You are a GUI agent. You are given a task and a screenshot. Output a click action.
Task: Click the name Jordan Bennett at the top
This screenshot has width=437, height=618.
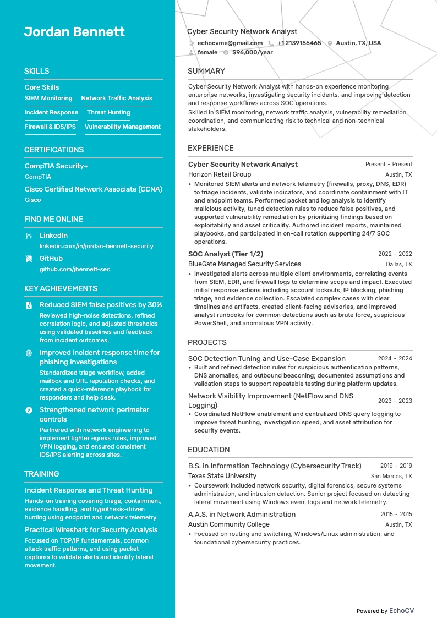74,32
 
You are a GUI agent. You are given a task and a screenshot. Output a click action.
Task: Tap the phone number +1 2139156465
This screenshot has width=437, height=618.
299,43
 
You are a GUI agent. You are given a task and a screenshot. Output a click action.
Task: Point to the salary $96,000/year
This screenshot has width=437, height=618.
252,52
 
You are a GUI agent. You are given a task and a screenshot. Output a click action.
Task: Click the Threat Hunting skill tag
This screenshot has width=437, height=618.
108,112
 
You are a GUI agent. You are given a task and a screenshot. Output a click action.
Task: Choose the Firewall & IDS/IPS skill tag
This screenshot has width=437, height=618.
50,127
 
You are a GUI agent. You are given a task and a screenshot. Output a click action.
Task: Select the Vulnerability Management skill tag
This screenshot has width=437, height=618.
122,127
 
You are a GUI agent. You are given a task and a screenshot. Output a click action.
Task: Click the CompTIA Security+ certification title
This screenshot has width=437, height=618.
56,166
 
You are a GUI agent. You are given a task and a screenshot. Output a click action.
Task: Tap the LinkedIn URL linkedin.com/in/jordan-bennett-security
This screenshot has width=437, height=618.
96,246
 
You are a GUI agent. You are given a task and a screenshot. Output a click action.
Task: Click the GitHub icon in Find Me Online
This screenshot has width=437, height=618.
29,258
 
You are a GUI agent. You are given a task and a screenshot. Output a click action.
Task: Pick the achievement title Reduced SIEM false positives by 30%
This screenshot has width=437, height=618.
101,304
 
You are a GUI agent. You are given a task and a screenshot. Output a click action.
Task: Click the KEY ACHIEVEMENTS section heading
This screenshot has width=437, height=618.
61,288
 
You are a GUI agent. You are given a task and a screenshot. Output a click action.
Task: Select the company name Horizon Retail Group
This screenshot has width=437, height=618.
219,174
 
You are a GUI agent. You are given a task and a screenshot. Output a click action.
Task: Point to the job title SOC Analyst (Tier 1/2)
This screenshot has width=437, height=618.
226,254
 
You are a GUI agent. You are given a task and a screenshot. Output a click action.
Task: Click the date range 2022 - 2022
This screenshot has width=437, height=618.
395,254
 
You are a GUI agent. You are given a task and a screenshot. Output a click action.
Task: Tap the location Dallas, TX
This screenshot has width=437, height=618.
398,265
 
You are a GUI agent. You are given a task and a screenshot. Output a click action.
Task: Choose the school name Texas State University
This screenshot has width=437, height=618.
222,476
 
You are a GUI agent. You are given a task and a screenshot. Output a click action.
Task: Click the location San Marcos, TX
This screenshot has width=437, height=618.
391,477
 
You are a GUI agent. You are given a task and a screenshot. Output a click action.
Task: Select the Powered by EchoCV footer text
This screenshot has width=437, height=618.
385,611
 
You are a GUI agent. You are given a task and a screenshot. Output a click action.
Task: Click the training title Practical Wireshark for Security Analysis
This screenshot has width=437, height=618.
91,529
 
